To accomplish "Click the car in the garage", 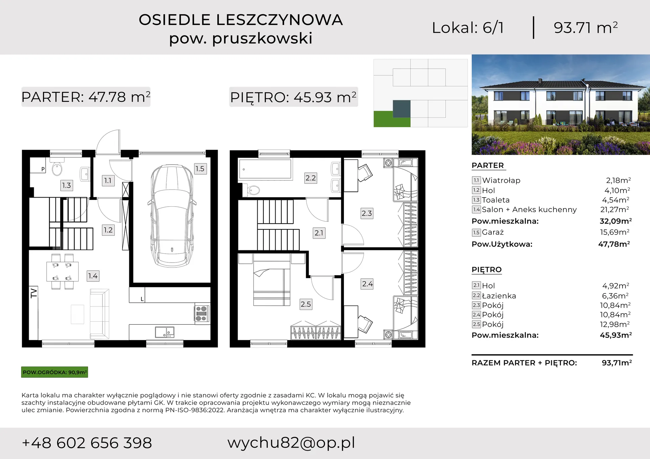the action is [x=172, y=216].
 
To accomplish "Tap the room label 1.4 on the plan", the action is [x=93, y=276].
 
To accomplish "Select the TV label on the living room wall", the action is [x=34, y=293].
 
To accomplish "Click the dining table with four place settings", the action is [x=62, y=272].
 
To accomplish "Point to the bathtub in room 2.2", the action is [x=265, y=169].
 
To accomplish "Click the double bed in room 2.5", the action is [x=272, y=280].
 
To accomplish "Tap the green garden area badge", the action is [x=55, y=372].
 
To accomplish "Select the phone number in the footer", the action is [x=87, y=443].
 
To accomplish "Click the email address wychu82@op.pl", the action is [x=291, y=443].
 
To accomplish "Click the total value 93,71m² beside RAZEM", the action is [x=616, y=363].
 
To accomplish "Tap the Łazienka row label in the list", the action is [x=499, y=296].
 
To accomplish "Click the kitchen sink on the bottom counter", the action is [x=165, y=332].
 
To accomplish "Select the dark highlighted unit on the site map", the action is [x=402, y=109].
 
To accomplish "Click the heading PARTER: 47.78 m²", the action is [x=86, y=97].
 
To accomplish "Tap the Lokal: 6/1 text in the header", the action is [x=468, y=28].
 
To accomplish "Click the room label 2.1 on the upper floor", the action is [x=319, y=233].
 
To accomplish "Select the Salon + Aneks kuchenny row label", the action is [x=529, y=210].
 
